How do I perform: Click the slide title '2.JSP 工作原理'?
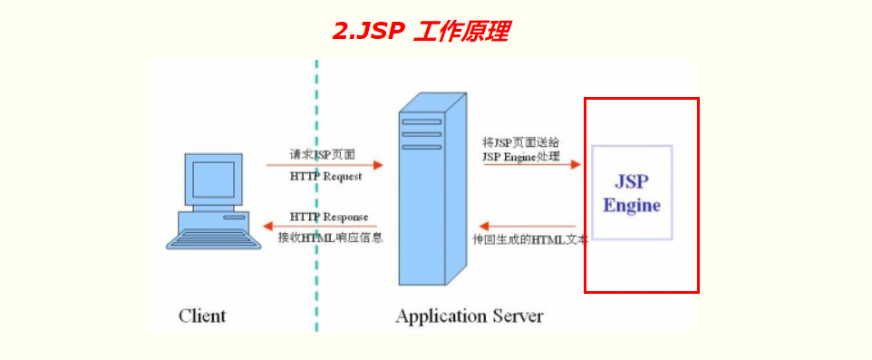click(420, 32)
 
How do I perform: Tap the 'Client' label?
click(202, 316)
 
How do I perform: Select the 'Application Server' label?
click(470, 316)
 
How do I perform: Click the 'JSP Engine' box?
click(632, 191)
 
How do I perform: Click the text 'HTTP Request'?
click(325, 177)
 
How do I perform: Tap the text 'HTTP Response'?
click(329, 217)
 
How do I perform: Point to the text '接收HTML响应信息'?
click(330, 238)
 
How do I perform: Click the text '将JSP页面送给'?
click(521, 142)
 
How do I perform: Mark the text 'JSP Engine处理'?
click(521, 157)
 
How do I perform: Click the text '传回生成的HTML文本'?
click(530, 238)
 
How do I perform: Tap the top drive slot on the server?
click(421, 122)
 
